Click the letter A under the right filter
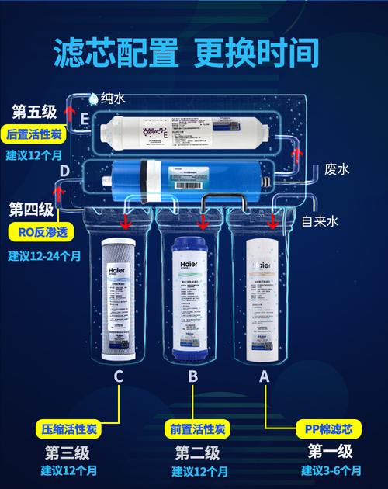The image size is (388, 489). [x=265, y=376]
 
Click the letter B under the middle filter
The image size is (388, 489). [x=192, y=376]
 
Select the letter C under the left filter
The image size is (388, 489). [x=119, y=376]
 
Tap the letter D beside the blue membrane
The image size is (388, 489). [x=65, y=170]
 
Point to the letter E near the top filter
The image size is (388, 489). [x=84, y=119]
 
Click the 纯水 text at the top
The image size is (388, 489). [x=113, y=98]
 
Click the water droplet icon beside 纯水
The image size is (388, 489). [x=94, y=98]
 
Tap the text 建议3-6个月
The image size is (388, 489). [x=331, y=470]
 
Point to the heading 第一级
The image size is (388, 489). [x=330, y=452]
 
